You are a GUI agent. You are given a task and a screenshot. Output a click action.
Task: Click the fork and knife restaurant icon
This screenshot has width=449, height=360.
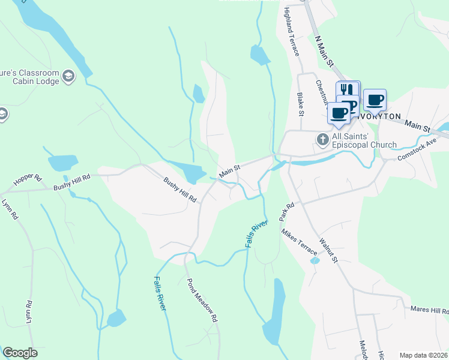(347, 91)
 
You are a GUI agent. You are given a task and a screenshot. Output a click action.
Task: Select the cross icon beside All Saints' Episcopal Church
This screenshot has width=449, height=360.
(322, 140)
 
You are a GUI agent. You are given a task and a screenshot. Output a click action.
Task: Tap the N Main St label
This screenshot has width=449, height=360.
(325, 50)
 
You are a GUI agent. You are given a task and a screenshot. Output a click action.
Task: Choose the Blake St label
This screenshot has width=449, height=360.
(300, 103)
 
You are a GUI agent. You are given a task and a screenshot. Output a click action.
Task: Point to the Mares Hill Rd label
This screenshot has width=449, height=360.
(429, 310)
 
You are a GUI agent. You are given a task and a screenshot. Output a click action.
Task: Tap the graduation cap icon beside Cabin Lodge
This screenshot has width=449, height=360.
(68, 76)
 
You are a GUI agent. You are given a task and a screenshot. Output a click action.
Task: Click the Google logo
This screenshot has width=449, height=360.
(20, 353)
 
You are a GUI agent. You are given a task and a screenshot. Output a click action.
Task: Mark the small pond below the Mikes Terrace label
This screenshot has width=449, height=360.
(314, 261)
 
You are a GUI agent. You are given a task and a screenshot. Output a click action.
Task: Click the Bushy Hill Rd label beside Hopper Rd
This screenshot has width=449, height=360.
(71, 178)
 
